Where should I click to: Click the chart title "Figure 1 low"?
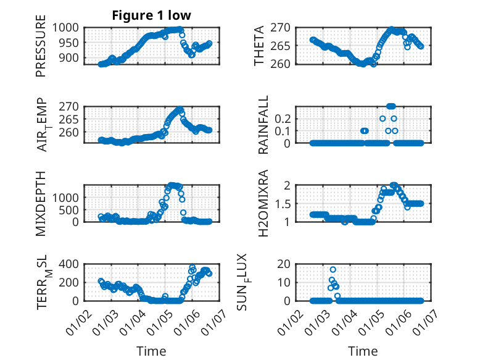click(151, 16)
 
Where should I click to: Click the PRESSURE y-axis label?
click(41, 50)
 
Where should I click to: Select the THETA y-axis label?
click(259, 45)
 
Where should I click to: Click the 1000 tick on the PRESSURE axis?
click(65, 27)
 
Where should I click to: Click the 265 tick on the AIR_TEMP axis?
click(68, 119)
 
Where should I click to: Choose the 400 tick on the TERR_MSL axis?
click(68, 264)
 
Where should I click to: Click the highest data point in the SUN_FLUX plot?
click(333, 269)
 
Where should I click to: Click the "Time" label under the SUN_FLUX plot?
click(363, 351)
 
